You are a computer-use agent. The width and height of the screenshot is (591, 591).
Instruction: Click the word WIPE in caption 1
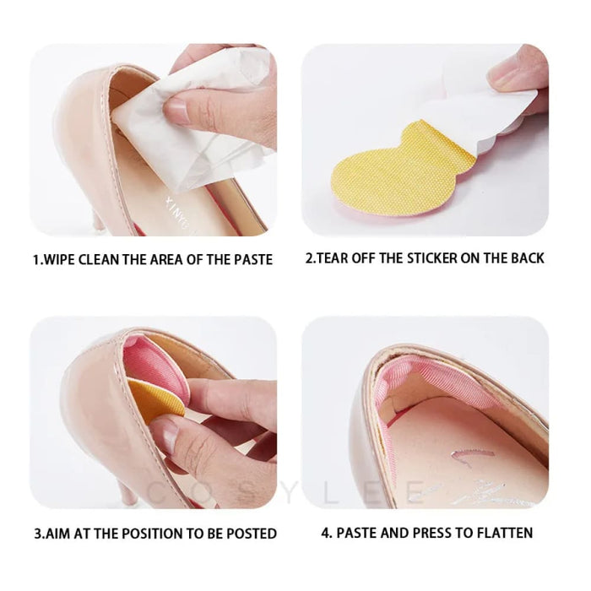(64, 260)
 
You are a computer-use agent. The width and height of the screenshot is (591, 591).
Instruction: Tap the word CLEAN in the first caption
(110, 260)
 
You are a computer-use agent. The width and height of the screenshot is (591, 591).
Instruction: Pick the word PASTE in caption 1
(251, 260)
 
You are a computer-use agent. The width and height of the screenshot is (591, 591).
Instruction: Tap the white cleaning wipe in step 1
(211, 110)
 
